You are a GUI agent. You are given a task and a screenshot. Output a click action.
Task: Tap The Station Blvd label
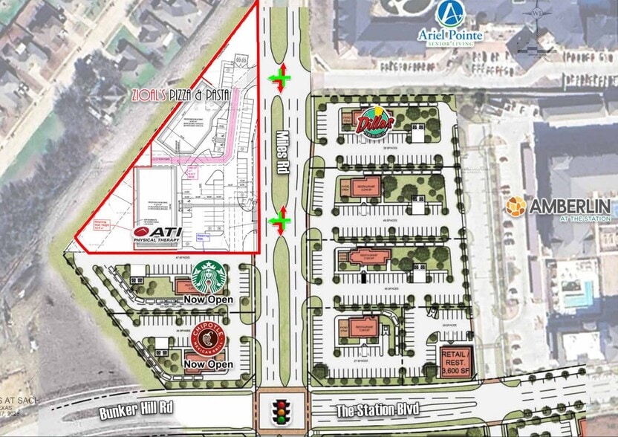[x=367, y=410]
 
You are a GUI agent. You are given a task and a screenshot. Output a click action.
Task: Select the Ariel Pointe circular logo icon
[x=450, y=13]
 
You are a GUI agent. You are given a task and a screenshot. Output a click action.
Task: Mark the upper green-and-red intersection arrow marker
[x=280, y=77]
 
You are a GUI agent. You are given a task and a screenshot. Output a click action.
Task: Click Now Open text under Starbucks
[x=209, y=300]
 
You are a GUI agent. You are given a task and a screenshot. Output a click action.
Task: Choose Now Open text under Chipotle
[x=209, y=365]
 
